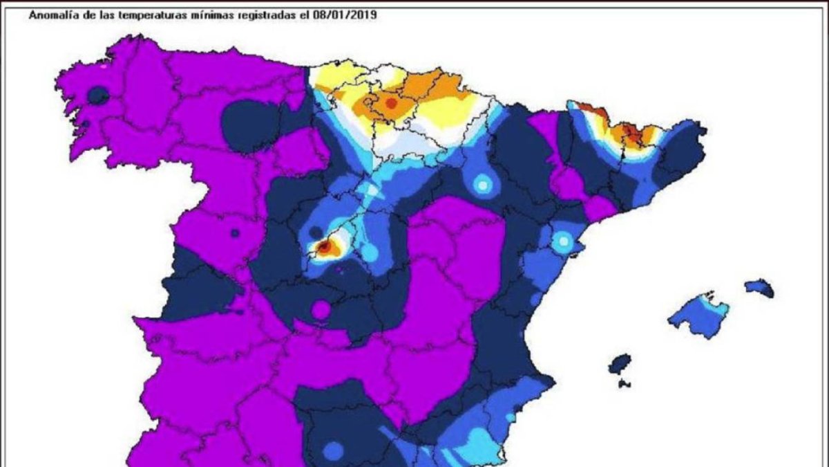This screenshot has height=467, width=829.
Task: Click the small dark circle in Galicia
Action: (x=99, y=95)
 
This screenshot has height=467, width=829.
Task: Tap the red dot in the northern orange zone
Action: (x=390, y=103)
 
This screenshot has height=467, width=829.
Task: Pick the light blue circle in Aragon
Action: (x=482, y=185)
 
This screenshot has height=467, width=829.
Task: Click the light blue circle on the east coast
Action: (x=564, y=241)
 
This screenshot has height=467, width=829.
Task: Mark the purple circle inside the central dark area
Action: (x=321, y=309)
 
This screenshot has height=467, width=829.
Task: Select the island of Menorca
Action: (x=759, y=288)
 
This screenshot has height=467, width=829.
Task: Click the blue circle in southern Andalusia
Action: (x=333, y=450)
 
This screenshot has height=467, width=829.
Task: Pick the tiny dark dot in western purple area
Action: (x=235, y=233)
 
